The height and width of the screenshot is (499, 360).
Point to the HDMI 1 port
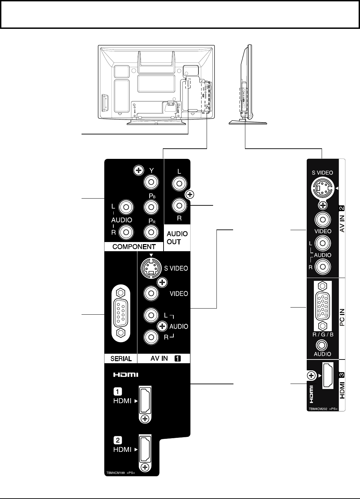click(145, 401)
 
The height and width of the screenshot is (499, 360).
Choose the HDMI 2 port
click(145, 449)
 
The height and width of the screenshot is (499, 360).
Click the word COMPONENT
click(134, 247)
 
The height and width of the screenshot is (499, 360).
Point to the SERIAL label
click(121, 358)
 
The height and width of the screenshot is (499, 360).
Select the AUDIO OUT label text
click(177, 238)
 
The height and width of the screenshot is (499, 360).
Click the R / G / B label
click(323, 334)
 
